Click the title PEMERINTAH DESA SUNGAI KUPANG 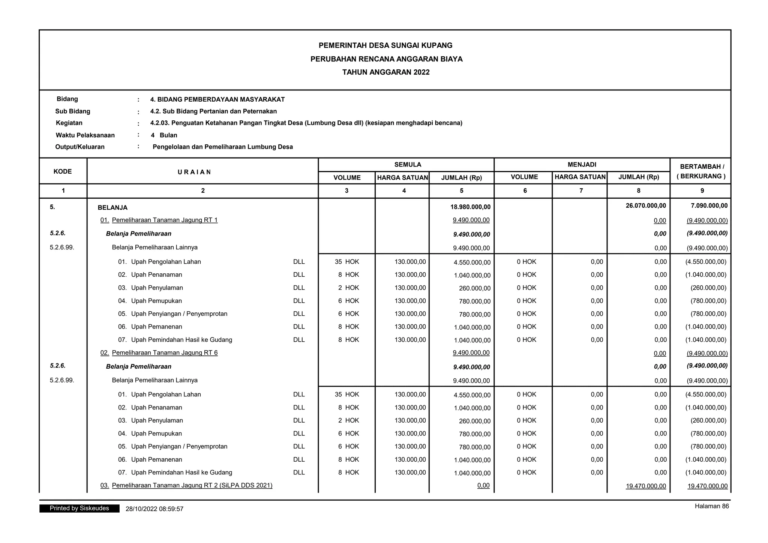point(385,45)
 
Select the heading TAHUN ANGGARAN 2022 point(385,72)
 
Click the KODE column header point(63,171)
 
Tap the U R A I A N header point(194,172)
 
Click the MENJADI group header point(582,165)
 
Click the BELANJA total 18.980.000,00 point(470,207)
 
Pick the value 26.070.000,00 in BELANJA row point(646,205)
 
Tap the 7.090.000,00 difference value point(709,205)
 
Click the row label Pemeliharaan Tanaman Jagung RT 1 point(165,220)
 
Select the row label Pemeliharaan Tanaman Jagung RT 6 point(165,353)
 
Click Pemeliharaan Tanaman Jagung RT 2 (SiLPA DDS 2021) point(192,486)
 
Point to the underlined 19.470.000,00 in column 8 point(646,486)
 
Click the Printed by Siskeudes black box point(79,508)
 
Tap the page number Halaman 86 point(711,506)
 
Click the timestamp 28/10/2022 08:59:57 point(154,509)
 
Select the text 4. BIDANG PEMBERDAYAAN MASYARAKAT point(217,100)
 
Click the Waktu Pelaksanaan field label point(85,135)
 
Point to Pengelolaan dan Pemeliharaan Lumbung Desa point(223,147)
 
